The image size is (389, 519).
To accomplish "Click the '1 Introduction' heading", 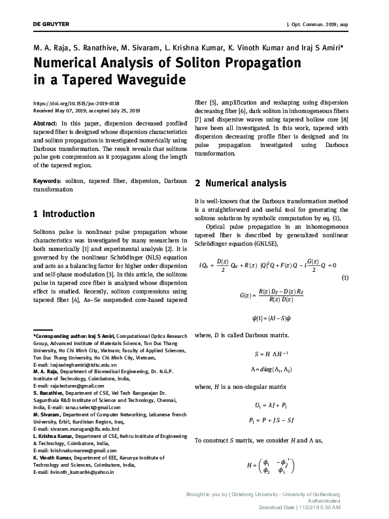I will click(x=63, y=214).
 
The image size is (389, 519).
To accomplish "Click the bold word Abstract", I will click(x=44, y=123).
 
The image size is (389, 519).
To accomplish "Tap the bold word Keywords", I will click(x=48, y=179).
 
